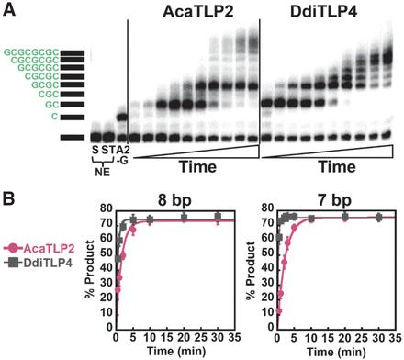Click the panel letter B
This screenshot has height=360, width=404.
point(8,199)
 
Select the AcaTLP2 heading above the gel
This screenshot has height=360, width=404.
point(198,12)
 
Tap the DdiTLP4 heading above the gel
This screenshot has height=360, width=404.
point(323,12)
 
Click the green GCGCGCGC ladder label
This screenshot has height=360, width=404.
point(31,52)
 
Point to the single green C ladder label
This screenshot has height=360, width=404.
point(54,117)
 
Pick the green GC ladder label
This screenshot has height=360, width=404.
point(51,105)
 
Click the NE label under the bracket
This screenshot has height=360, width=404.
point(103,172)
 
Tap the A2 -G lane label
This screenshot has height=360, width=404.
point(122,155)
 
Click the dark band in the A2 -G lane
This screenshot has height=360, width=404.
point(122,117)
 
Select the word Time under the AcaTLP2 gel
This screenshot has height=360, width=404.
point(197,167)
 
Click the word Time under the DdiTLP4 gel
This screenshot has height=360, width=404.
point(337,167)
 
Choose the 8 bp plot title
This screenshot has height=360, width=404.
point(174,201)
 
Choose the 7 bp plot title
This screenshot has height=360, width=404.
point(334,201)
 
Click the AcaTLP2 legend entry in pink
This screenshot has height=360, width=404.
point(39,249)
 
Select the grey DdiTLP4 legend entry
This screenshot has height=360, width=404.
point(39,263)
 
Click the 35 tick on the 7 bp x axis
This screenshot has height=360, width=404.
point(395,338)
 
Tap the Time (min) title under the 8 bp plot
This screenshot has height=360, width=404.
point(175,352)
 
